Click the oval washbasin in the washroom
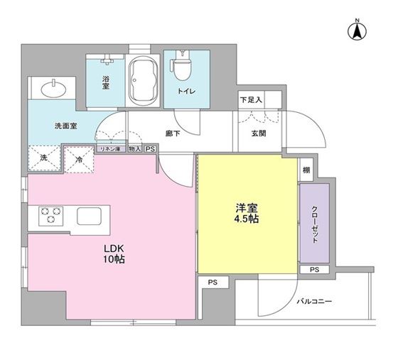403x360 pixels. click(x=53, y=89)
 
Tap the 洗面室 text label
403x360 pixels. click(x=66, y=126)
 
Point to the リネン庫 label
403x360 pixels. click(x=110, y=149)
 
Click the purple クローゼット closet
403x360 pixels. click(x=314, y=223)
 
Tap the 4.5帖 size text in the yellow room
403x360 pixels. click(x=247, y=220)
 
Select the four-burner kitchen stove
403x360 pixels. click(x=50, y=215)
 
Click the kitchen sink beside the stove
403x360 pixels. click(x=90, y=215)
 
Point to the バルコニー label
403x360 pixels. click(x=313, y=301)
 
